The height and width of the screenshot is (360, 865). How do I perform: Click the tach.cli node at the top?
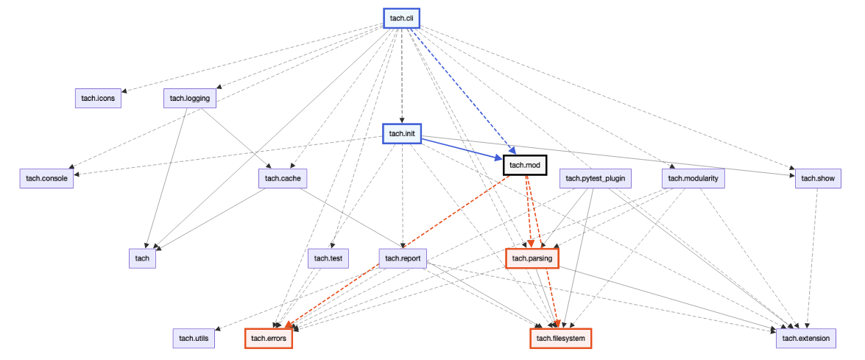point(401,18)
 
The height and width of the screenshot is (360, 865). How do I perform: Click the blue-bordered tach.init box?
point(401,134)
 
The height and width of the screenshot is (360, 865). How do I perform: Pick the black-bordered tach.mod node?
point(524,165)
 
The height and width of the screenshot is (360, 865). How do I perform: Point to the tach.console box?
point(47,178)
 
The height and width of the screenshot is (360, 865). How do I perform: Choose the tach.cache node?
point(283,178)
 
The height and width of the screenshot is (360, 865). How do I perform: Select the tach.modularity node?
point(693,178)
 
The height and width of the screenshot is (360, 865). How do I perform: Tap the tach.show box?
point(818,178)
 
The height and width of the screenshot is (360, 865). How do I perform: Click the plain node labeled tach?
point(142,258)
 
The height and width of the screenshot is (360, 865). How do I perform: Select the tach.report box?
point(402,258)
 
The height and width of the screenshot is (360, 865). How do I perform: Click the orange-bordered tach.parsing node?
point(532,258)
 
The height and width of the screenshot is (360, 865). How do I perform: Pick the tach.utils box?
point(194,338)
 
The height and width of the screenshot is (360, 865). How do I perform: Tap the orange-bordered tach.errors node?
point(268,338)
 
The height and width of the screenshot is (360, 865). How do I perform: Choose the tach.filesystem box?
point(560,338)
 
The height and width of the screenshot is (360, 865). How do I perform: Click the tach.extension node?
point(805,338)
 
